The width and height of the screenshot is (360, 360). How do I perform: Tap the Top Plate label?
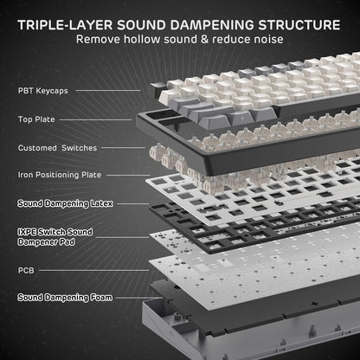point(34,119)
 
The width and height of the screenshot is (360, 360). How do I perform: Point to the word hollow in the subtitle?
point(153,39)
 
